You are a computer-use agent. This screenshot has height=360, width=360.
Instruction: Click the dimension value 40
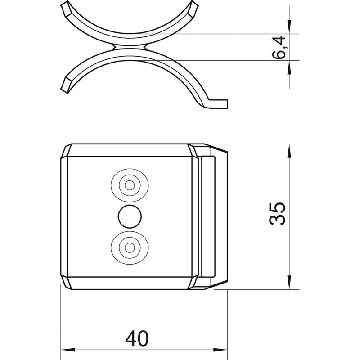(137, 338)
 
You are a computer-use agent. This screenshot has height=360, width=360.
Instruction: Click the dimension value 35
(277, 213)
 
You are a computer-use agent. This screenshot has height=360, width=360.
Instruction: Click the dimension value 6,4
(279, 48)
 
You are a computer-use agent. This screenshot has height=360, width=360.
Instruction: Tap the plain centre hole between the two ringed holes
(130, 217)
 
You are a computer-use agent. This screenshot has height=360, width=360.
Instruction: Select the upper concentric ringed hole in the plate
(130, 185)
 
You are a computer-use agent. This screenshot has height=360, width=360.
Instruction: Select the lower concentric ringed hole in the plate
(130, 247)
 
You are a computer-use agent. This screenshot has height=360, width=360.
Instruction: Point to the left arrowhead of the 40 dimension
(68, 350)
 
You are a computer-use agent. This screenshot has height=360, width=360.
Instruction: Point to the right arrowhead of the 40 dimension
(220, 350)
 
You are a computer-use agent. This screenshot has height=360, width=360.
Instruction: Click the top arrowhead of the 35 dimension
(289, 151)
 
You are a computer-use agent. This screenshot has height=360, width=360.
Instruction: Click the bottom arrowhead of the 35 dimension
(289, 282)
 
